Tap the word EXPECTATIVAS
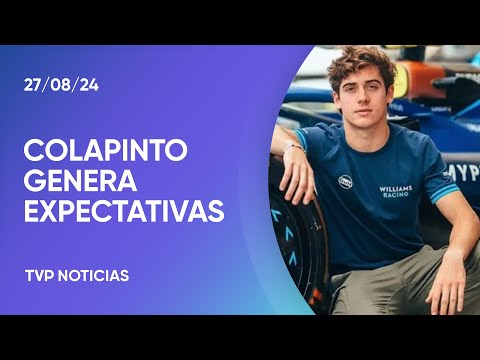click(124, 212)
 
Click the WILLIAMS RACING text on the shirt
click(396, 190)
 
